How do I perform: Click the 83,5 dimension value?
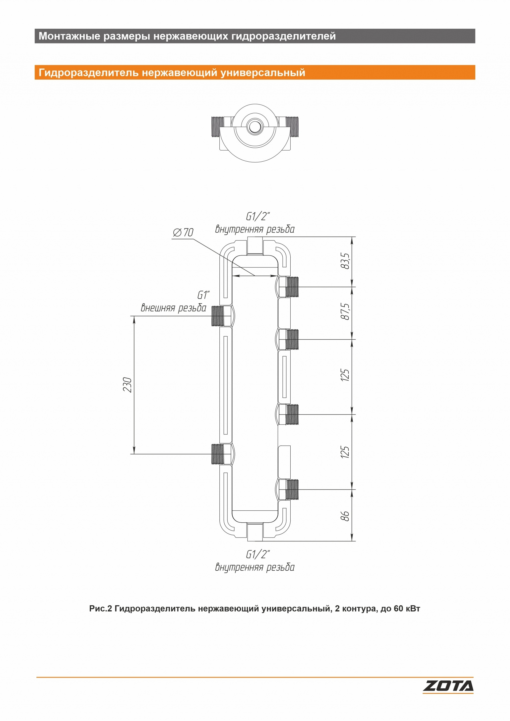(345, 261)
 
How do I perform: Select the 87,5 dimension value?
(345, 312)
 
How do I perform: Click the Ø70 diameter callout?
(183, 233)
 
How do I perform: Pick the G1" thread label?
(203, 295)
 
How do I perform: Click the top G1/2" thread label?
(258, 217)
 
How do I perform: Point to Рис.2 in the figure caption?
(101, 608)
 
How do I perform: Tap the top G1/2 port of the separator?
(255, 246)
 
